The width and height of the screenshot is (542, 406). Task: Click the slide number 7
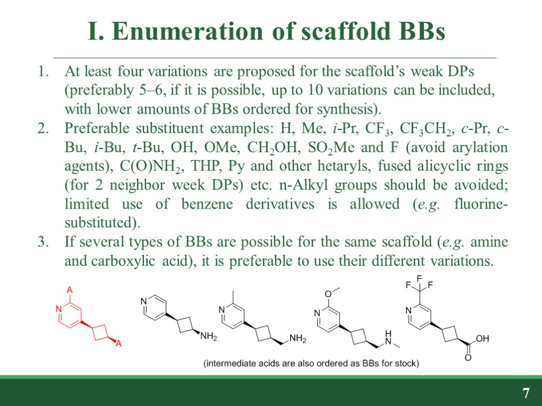point(526,393)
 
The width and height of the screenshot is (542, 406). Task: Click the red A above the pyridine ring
point(69,290)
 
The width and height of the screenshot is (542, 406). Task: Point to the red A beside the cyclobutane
point(119,344)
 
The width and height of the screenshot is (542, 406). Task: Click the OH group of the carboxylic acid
point(482,338)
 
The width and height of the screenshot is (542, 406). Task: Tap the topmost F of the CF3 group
point(419,278)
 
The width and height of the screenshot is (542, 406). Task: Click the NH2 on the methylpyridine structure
point(298,339)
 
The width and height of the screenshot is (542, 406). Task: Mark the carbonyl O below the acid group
point(467,358)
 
